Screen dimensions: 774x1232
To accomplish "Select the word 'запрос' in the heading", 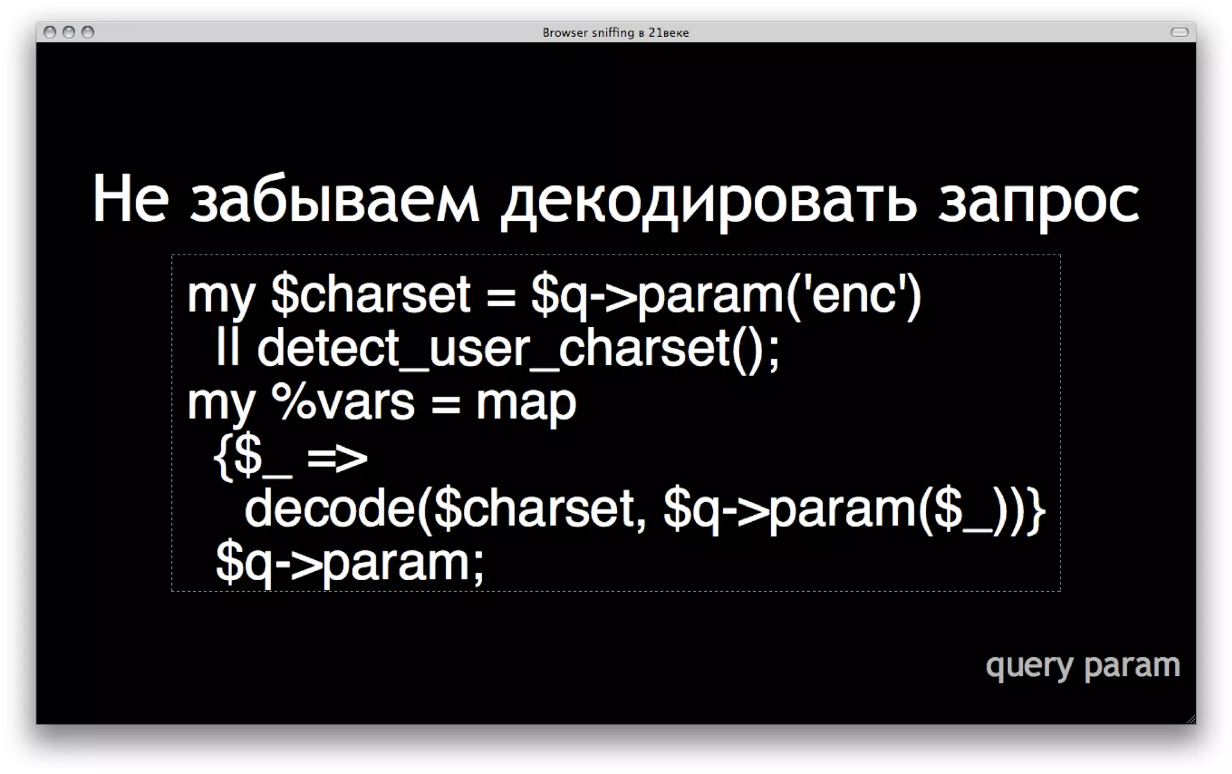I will coord(1039,202).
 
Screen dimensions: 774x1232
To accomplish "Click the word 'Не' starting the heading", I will coord(131,199).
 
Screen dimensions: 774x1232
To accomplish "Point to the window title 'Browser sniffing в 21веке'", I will coord(615,33).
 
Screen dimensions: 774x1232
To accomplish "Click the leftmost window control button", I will coord(50,32).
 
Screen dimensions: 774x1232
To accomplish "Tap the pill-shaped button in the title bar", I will coord(1179,32).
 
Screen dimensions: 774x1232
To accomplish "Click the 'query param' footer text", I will coord(1082,666).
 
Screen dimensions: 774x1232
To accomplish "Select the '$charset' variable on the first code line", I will coord(371,295).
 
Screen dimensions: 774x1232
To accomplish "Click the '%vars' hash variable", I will coord(343,402).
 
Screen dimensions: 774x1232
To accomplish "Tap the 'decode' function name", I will coord(330,509).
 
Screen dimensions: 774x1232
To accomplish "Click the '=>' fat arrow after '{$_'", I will coord(337,457).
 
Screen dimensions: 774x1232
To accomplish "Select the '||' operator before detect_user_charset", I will coord(227,348).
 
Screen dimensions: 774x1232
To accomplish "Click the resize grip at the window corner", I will coord(1190,719).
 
